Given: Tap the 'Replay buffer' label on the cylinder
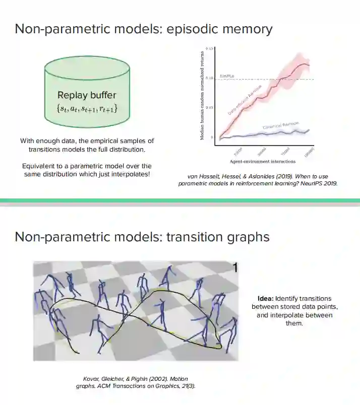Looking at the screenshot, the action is tap(87, 95).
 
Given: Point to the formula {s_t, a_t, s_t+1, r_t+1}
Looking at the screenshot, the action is tap(87, 107).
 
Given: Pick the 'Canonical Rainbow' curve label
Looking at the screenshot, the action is tap(280, 125).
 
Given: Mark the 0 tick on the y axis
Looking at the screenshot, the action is tap(212, 137).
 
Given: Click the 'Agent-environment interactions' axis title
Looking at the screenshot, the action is tap(263, 162).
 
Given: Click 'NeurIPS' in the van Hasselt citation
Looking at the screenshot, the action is tap(305, 184).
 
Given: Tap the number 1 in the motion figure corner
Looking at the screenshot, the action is tap(234, 268).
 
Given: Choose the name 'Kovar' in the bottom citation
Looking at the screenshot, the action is tap(92, 378).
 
